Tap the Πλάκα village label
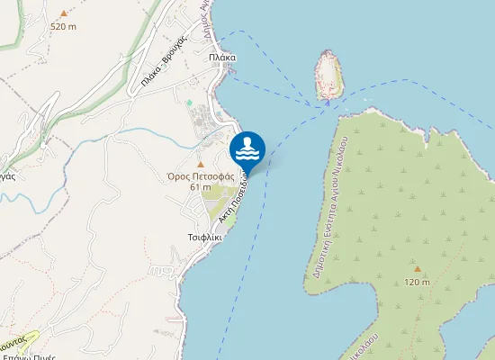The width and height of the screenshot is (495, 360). (221, 57)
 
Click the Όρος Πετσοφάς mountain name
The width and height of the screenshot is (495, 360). (201, 176)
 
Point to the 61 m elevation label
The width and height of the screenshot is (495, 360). (201, 187)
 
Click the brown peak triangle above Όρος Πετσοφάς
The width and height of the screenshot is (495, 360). (201, 164)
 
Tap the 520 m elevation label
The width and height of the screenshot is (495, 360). (63, 26)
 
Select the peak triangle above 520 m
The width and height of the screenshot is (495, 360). (63, 13)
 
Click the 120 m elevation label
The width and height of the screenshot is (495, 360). (417, 282)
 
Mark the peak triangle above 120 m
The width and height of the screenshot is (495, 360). (417, 268)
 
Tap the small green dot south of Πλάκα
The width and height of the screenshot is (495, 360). (189, 103)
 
